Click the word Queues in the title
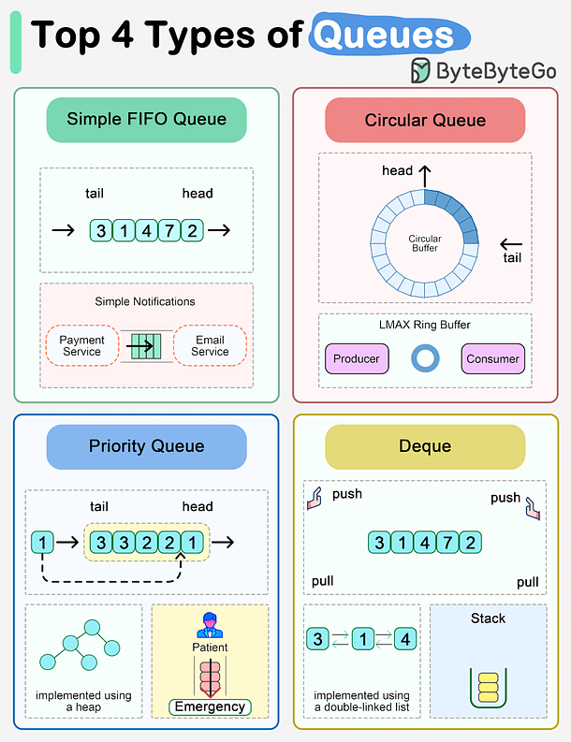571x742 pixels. point(384,35)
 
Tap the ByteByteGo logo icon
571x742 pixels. point(421,71)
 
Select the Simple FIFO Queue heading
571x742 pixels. point(146,120)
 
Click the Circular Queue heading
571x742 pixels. point(425,120)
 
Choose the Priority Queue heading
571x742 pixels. point(146,446)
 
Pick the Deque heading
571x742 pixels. point(425,446)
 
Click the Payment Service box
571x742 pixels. point(81,345)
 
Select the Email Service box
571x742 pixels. point(210,345)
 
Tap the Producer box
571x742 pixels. point(357,358)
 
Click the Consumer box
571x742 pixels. point(492,358)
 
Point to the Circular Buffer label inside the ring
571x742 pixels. point(425,243)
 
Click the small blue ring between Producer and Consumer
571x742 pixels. point(425,358)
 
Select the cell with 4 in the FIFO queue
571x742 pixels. point(146,230)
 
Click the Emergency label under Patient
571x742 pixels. point(210,706)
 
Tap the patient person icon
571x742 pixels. point(210,625)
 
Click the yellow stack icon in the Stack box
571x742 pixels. point(488,688)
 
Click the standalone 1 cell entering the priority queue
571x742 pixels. point(41,541)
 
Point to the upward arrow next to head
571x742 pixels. point(425,175)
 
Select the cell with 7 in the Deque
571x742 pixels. point(447,543)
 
